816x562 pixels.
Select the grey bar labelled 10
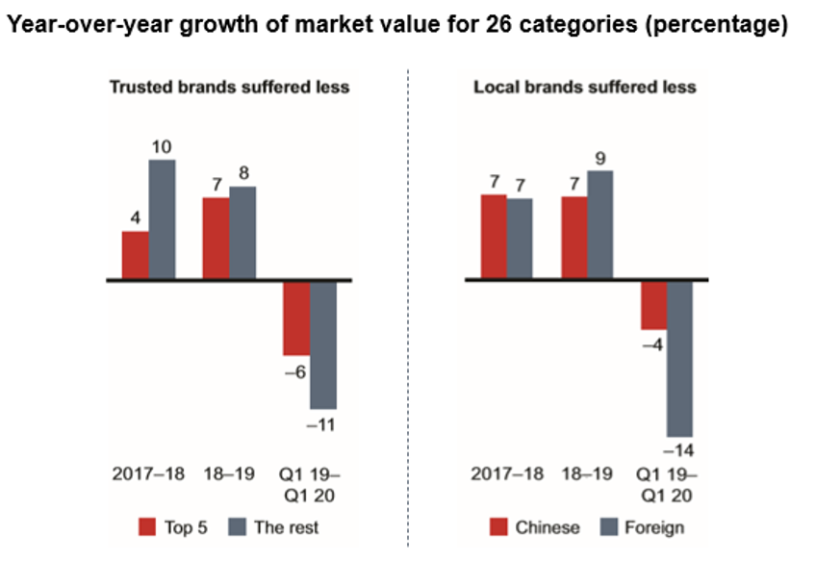(162, 219)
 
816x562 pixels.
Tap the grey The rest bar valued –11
(323, 345)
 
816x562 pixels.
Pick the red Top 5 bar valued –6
(296, 319)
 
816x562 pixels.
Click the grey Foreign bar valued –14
(680, 359)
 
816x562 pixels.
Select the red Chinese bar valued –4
(654, 305)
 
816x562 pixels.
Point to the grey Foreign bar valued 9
(600, 225)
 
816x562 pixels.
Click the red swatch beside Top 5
(147, 526)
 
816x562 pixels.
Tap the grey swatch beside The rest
(240, 526)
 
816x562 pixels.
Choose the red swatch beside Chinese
(499, 526)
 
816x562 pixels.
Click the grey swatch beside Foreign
(609, 526)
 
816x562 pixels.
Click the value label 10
(162, 146)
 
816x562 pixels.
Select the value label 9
(600, 158)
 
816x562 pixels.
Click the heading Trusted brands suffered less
(228, 88)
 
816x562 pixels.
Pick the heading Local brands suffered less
(584, 88)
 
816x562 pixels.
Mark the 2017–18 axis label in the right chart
(507, 474)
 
